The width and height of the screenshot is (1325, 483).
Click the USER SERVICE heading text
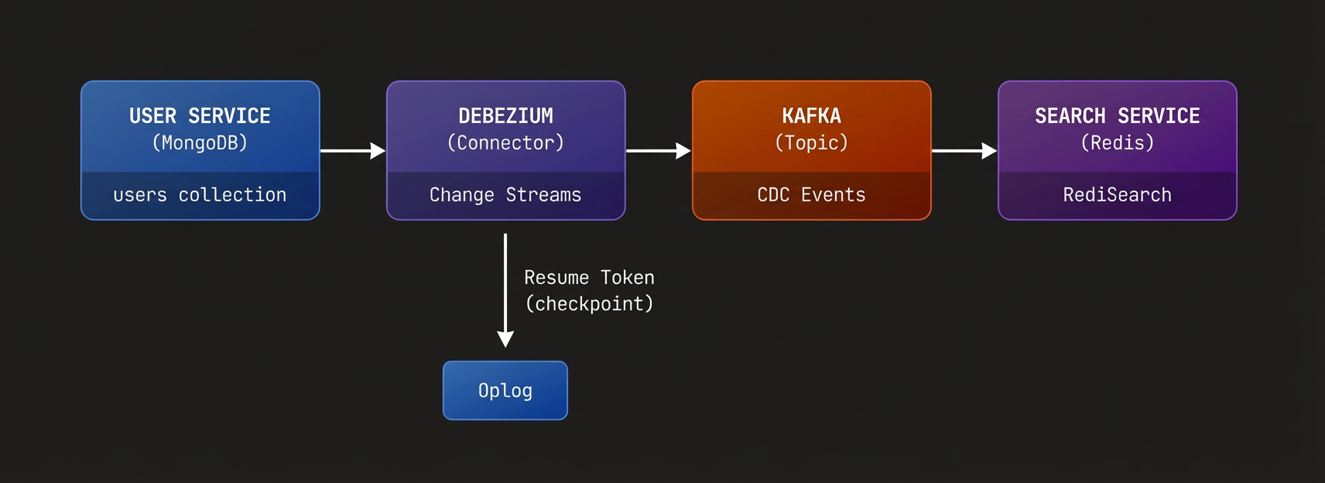[x=200, y=116]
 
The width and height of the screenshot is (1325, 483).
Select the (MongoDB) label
[x=200, y=143]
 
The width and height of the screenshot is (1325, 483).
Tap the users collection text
[x=200, y=195]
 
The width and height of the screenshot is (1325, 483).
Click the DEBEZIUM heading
[x=505, y=116]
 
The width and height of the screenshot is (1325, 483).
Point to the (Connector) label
[x=505, y=143]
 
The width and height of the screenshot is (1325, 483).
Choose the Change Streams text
[x=505, y=195]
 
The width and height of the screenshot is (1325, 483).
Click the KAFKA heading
[x=811, y=116]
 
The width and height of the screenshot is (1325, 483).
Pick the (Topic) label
[x=811, y=143]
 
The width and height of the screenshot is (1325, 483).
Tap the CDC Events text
[x=811, y=195]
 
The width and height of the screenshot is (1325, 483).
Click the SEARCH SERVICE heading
[x=1117, y=116]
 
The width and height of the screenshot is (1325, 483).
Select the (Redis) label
[x=1117, y=143]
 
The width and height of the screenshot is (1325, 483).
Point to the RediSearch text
[x=1117, y=195]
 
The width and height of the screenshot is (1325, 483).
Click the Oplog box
[x=505, y=391]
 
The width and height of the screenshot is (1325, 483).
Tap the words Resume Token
[x=589, y=278]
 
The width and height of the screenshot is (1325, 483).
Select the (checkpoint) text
[x=589, y=304]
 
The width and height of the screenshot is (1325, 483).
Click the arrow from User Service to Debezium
[x=352, y=151]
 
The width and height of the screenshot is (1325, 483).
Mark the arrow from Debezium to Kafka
[x=658, y=151]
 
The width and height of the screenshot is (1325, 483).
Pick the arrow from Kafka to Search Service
[x=964, y=151]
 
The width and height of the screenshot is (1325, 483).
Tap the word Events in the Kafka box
[x=833, y=195]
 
